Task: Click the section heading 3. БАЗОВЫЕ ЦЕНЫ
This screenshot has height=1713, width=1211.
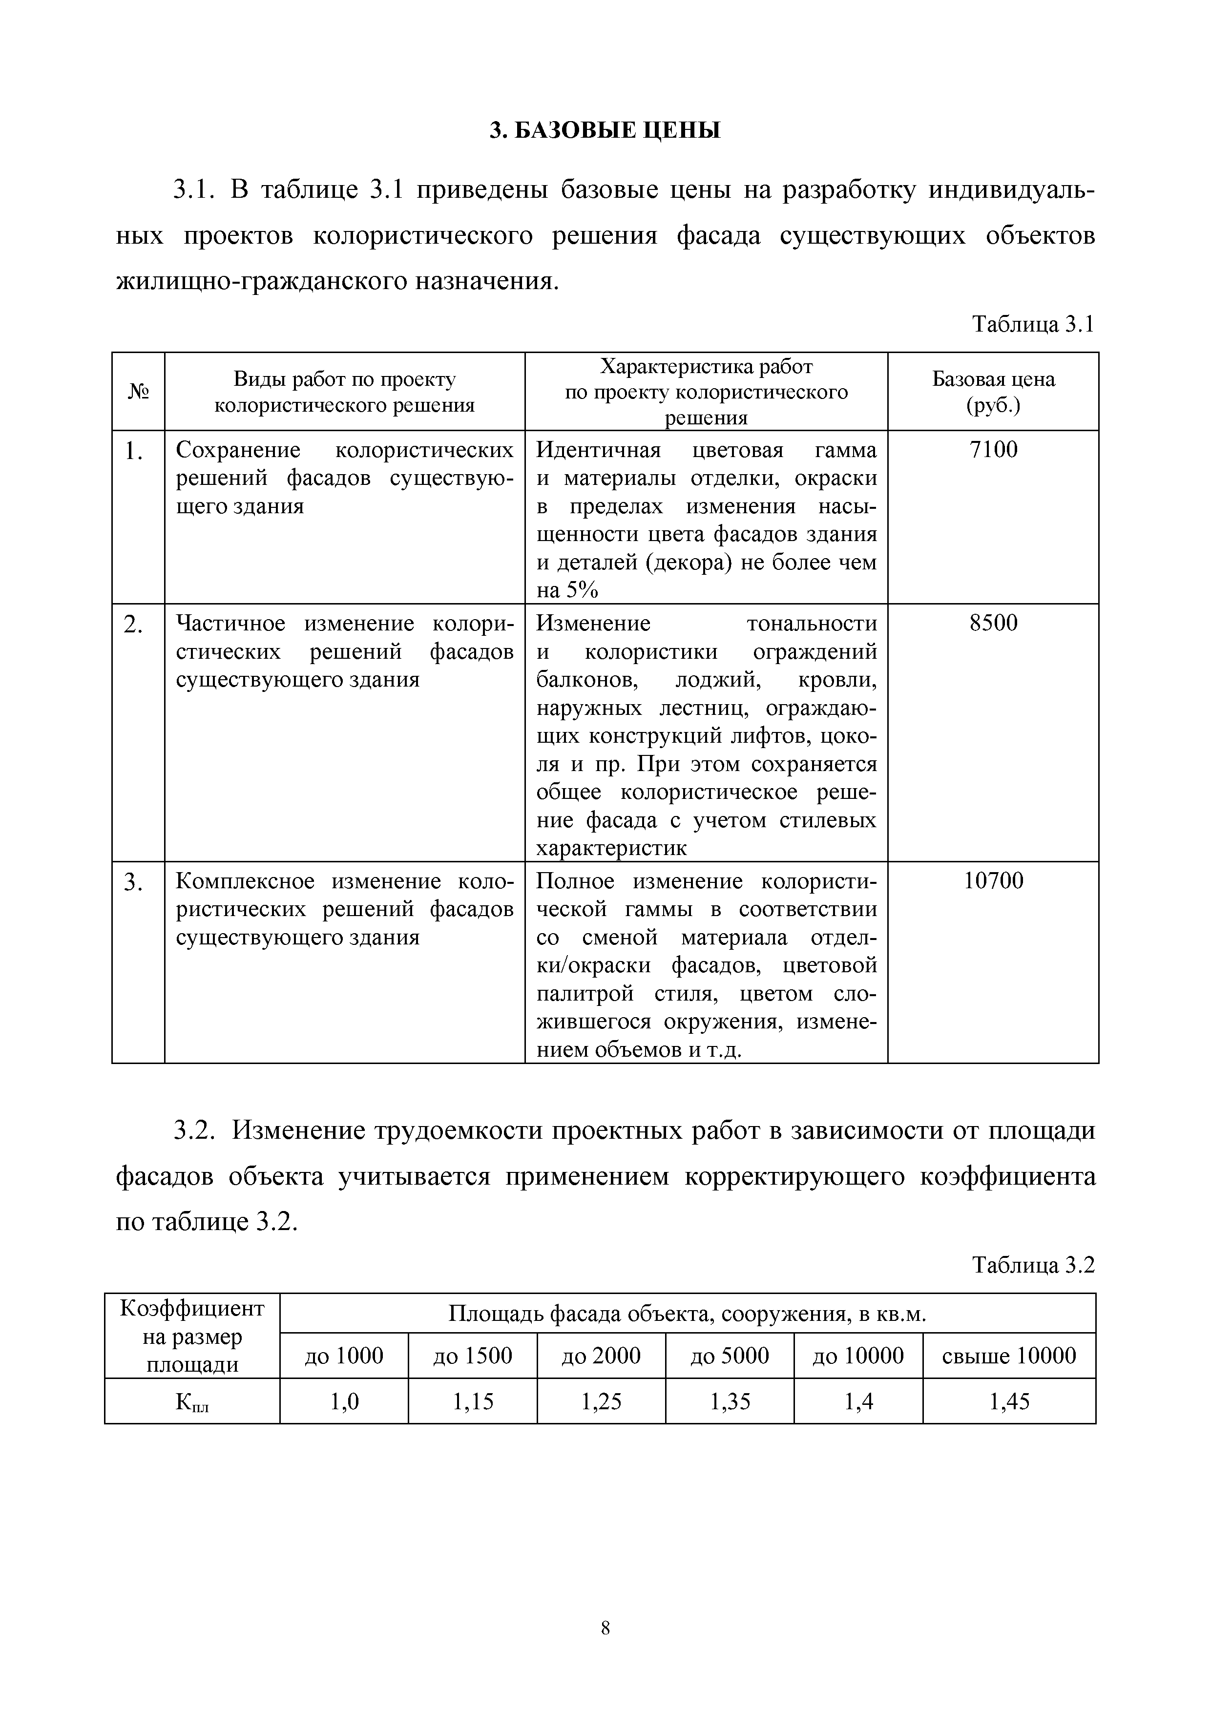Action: [x=605, y=130]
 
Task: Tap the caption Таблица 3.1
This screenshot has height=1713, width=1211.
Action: [x=1033, y=325]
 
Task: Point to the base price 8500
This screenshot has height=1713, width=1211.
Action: [x=993, y=623]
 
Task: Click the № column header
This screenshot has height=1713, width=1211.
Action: [x=138, y=392]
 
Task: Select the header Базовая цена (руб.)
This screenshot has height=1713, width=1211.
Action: [x=993, y=392]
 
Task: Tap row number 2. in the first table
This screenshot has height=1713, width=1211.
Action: [x=134, y=625]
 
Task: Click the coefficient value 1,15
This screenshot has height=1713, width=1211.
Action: [x=473, y=1402]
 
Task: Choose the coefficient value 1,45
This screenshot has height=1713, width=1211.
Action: [x=1009, y=1402]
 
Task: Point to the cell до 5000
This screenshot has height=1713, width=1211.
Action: [x=730, y=1356]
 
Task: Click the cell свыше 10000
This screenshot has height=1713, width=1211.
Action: [x=1009, y=1356]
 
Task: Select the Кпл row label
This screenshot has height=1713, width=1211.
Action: [x=192, y=1402]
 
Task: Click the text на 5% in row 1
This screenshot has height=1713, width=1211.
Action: [x=567, y=590]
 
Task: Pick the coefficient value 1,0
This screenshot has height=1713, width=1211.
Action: [x=344, y=1402]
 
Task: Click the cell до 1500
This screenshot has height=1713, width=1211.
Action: [x=473, y=1356]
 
